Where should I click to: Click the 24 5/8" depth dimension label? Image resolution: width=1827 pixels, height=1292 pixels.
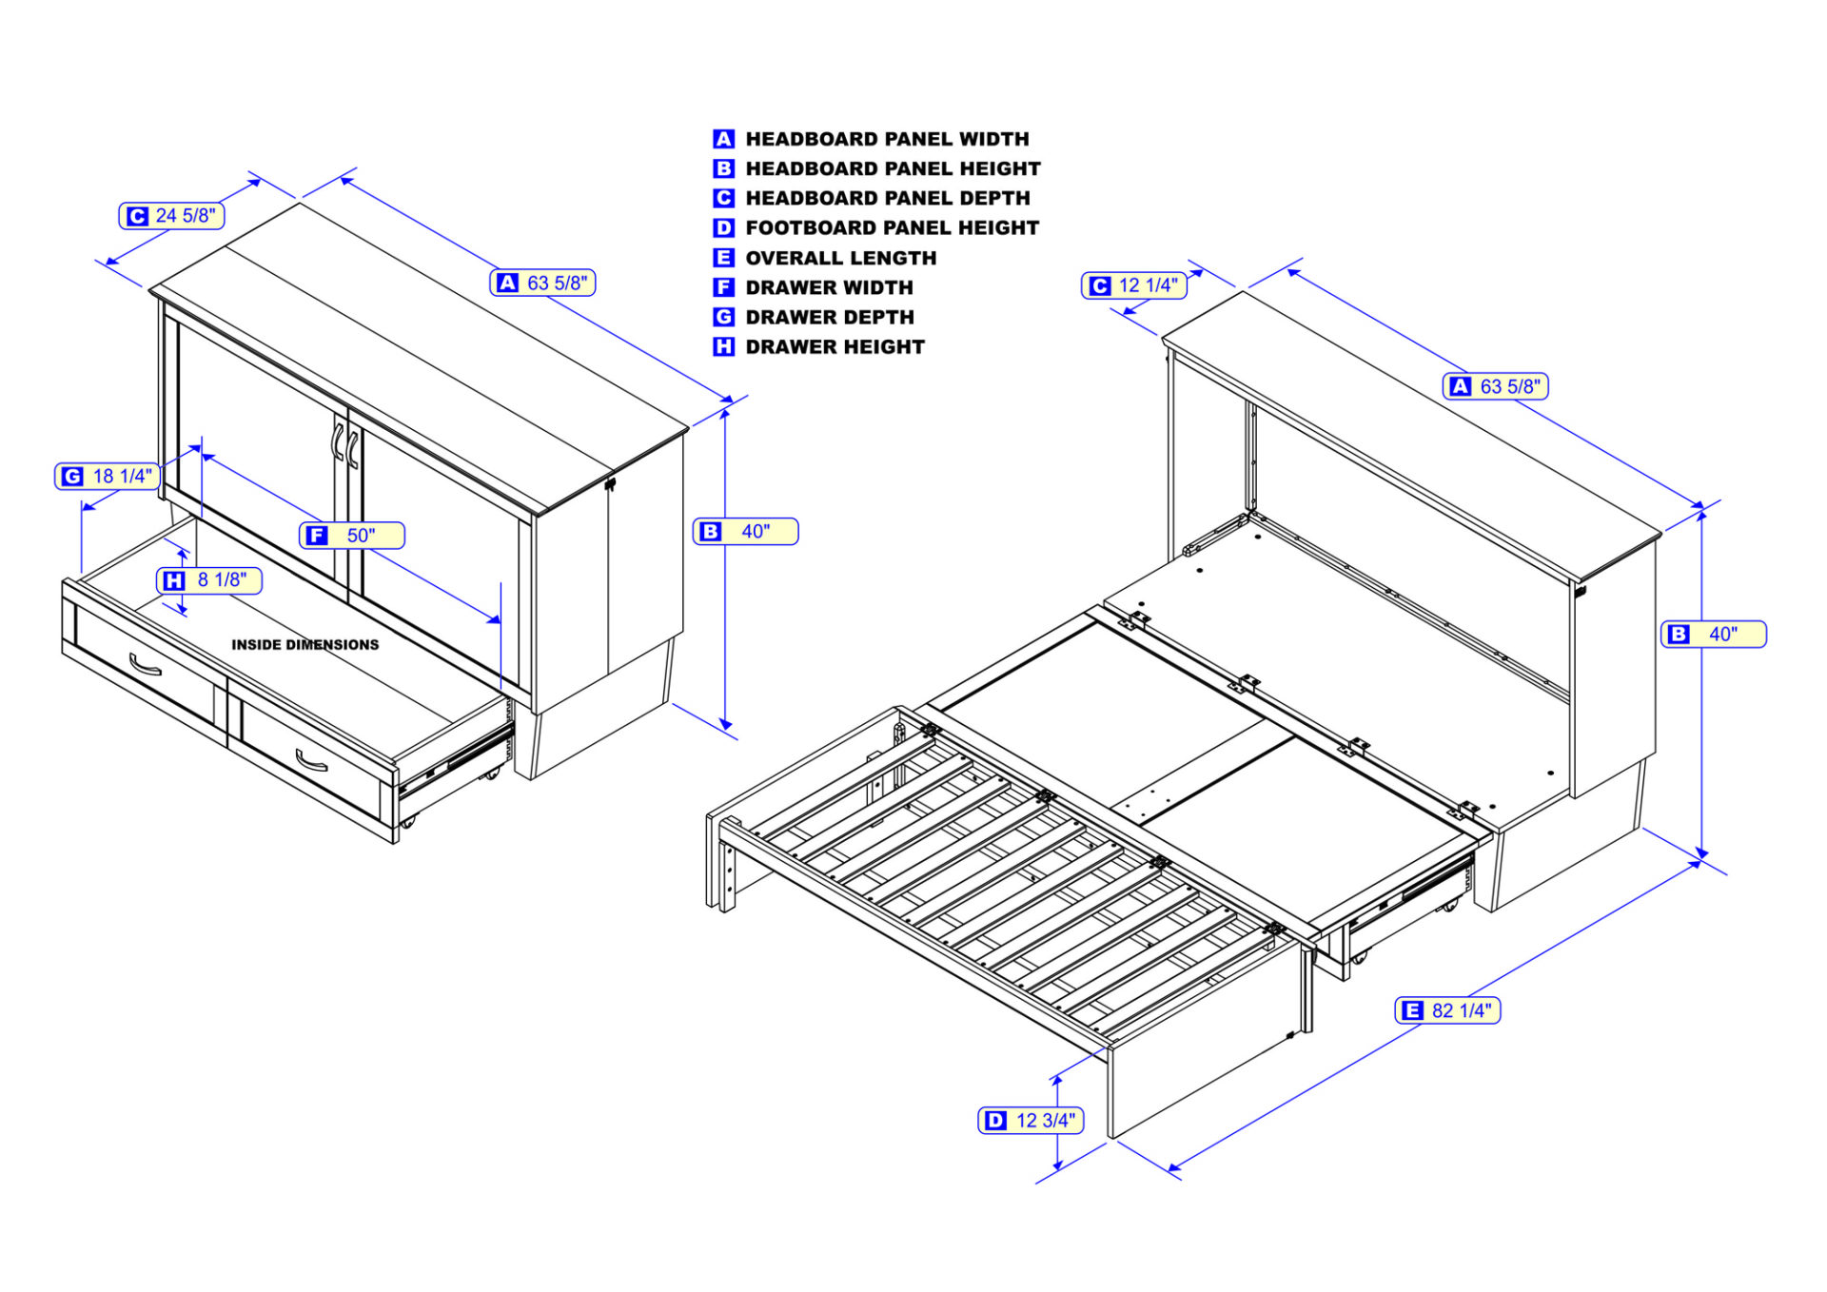click(x=172, y=216)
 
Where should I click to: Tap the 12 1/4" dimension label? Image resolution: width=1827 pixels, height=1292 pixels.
click(x=1134, y=285)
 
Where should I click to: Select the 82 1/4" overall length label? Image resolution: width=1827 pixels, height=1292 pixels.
click(x=1447, y=1010)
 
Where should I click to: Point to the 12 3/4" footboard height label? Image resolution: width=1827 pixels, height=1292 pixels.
click(x=1031, y=1121)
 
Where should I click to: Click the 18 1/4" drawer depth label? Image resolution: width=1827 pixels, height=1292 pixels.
click(x=108, y=477)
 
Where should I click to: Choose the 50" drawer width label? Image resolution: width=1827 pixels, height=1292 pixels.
click(x=352, y=536)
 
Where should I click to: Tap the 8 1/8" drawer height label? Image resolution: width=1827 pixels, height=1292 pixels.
click(x=209, y=580)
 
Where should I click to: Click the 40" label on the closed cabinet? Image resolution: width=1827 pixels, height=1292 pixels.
click(x=745, y=532)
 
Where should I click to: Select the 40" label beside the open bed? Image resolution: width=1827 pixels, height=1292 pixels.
click(x=1713, y=635)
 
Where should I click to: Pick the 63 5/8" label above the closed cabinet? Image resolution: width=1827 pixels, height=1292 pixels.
click(x=543, y=283)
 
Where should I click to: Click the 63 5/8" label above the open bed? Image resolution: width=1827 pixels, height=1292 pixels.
click(x=1496, y=386)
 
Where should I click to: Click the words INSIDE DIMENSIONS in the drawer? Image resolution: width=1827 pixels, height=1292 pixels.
click(x=304, y=645)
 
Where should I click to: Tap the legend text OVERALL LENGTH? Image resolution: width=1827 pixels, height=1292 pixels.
click(x=840, y=258)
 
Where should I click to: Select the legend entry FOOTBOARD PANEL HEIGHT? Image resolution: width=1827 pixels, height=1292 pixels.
click(x=892, y=228)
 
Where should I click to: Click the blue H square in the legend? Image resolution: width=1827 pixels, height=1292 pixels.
click(x=723, y=347)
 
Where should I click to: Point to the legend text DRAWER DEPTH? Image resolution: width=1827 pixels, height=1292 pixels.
click(x=829, y=318)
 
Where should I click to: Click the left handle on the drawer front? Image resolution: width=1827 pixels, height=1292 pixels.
click(x=145, y=664)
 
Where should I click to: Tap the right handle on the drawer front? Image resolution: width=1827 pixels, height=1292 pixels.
click(x=310, y=761)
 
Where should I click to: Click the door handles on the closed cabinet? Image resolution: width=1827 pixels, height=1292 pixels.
click(x=344, y=444)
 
